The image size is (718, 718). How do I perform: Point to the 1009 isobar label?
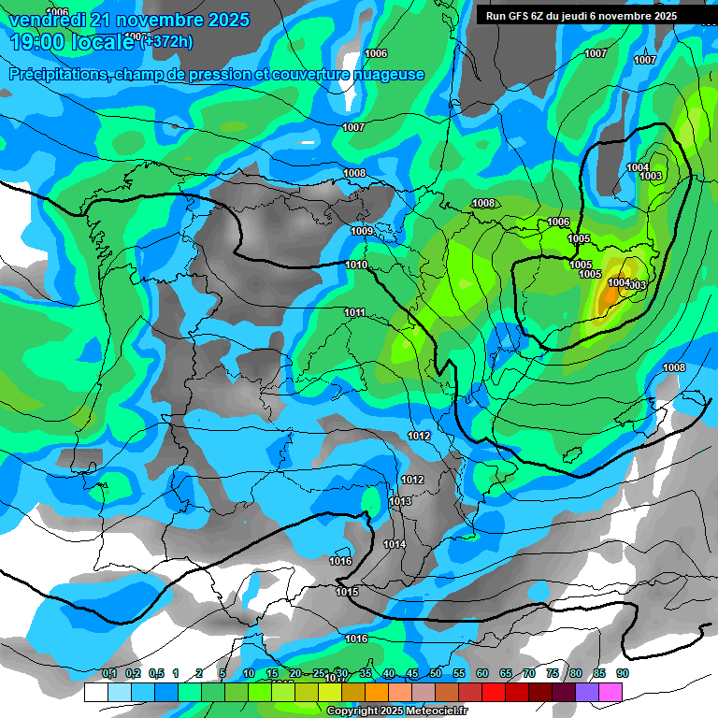point(362,231)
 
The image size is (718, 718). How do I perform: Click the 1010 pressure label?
point(356,266)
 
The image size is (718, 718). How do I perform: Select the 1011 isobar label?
point(354,312)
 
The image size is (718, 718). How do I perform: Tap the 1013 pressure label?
point(400,502)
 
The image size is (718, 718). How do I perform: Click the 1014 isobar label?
point(395,544)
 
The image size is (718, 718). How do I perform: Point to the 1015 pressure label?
point(347,592)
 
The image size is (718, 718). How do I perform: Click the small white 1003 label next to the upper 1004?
point(652,176)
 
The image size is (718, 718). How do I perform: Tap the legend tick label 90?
point(622,673)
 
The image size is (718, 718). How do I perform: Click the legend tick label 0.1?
point(109,673)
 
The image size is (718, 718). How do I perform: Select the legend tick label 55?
point(459,673)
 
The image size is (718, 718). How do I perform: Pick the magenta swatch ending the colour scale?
point(610,692)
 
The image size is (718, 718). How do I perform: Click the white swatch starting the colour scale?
point(95,692)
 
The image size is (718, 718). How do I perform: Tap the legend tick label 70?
point(529,673)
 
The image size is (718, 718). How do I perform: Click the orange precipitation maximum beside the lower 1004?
point(608,297)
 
